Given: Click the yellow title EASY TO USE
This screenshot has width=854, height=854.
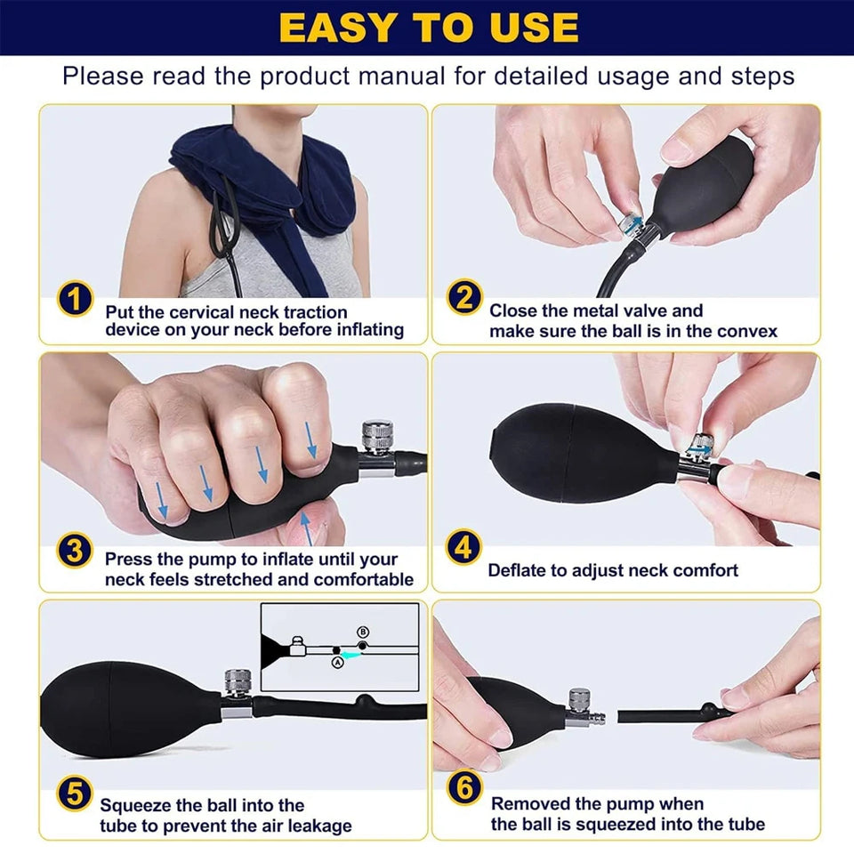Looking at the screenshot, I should (x=428, y=28).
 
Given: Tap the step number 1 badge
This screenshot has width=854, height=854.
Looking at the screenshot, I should (x=76, y=299).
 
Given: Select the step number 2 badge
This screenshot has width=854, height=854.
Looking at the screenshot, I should (x=464, y=298).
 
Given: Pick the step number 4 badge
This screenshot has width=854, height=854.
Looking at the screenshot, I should (x=463, y=548).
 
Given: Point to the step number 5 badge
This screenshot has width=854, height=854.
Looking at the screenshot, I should (x=76, y=794).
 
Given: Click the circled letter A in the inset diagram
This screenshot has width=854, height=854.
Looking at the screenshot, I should (x=337, y=661).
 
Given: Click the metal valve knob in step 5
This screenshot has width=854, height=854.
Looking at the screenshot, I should (x=236, y=682).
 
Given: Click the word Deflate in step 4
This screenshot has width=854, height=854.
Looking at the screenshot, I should (x=518, y=570).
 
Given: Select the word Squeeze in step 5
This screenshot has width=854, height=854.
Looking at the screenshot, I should (x=139, y=805).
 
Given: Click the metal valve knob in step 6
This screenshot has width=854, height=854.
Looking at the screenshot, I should (x=580, y=699).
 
